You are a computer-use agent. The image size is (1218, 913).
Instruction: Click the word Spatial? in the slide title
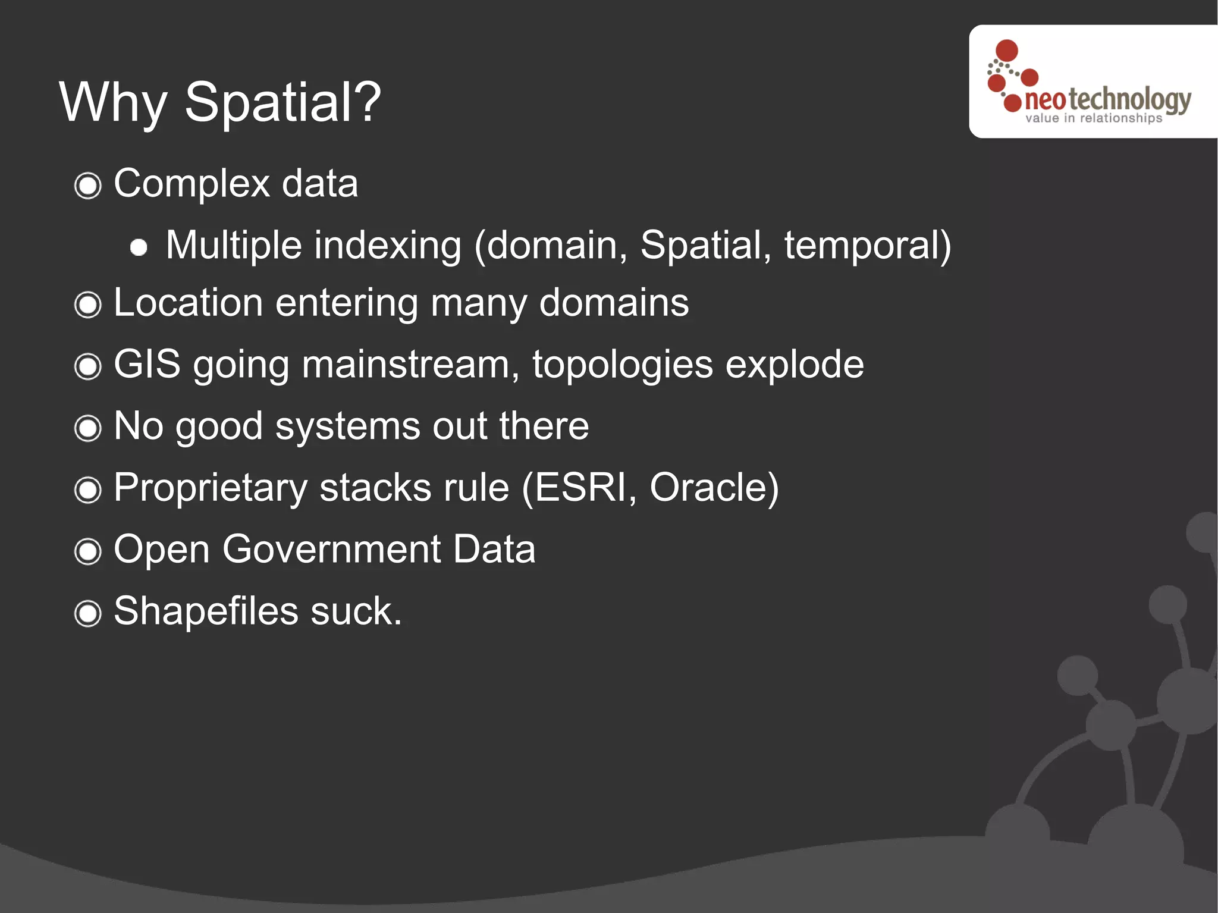(x=282, y=102)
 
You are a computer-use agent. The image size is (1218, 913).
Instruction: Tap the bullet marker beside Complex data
(x=88, y=186)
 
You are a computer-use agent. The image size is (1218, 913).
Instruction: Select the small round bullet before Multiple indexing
(x=139, y=247)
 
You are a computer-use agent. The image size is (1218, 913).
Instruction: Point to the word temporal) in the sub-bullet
(x=868, y=245)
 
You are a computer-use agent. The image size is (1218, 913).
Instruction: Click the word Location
(x=188, y=303)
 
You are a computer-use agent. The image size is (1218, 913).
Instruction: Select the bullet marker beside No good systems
(x=88, y=428)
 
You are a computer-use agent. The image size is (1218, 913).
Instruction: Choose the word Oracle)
(x=714, y=488)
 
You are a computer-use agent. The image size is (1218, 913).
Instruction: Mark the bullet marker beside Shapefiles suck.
(x=88, y=613)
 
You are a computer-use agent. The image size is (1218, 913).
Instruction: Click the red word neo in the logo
(x=1045, y=101)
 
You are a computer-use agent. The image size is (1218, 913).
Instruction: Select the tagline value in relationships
(x=1093, y=118)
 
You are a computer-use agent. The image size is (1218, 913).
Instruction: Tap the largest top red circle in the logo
(x=1006, y=51)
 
